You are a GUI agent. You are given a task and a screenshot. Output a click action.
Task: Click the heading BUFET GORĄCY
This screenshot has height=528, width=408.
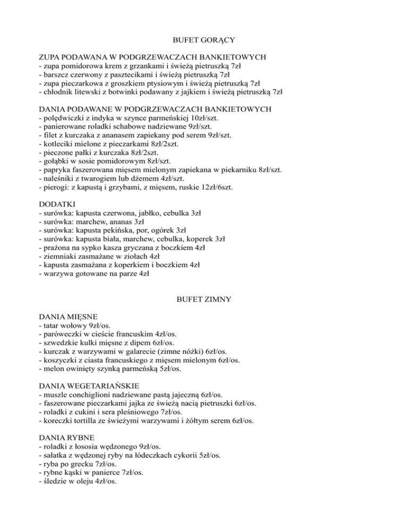[203, 39]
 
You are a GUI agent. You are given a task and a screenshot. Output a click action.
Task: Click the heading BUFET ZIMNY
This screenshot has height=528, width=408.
[204, 300]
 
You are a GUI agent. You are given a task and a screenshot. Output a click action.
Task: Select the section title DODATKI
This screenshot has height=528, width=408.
[58, 204]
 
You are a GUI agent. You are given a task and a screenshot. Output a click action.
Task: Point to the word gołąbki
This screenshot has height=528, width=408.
[58, 160]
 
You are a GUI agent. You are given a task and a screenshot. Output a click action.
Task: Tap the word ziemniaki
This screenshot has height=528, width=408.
[61, 256]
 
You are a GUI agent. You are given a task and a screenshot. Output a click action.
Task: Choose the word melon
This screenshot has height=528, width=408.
[54, 368]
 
